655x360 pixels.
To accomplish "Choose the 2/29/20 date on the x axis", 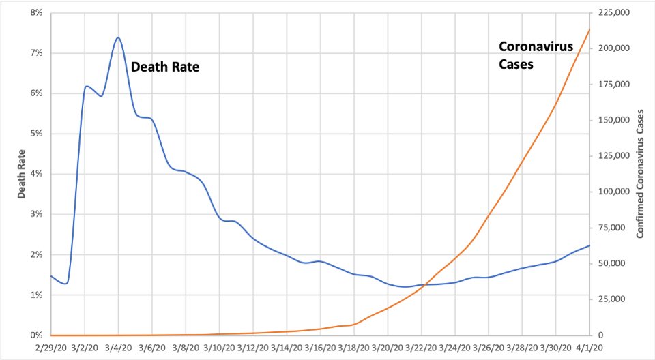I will point(51,347).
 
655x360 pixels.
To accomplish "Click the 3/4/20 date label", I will point(118,347).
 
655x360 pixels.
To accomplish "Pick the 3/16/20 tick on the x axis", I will point(321,347).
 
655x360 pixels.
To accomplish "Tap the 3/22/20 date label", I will point(422,347).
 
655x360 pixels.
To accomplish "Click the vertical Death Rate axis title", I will point(21,175).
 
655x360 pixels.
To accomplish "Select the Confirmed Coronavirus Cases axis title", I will point(640,175).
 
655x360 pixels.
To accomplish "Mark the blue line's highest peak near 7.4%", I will point(118,37).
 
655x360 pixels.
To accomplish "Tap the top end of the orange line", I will point(590,29).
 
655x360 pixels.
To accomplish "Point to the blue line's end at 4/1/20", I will point(590,245).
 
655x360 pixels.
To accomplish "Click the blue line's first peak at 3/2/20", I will point(86,87).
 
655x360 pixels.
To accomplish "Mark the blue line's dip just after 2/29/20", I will point(65,283).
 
